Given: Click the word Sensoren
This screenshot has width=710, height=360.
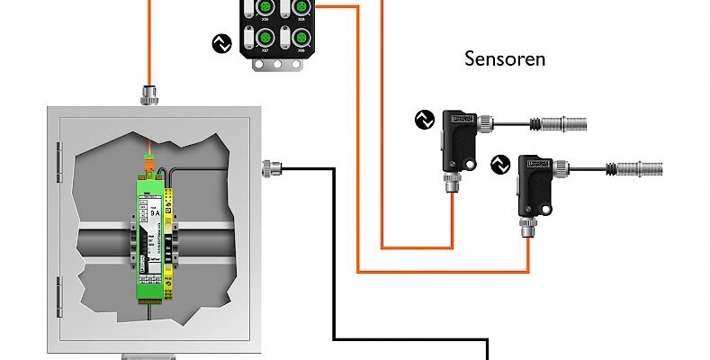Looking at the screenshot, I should pos(505,60).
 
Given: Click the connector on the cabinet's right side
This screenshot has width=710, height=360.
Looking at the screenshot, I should pos(270,166).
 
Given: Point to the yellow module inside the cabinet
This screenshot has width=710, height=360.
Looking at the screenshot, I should pos(177,243).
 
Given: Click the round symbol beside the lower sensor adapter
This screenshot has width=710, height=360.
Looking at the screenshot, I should pos(500,164).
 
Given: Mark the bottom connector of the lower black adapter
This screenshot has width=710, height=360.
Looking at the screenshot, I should pos(528,233).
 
